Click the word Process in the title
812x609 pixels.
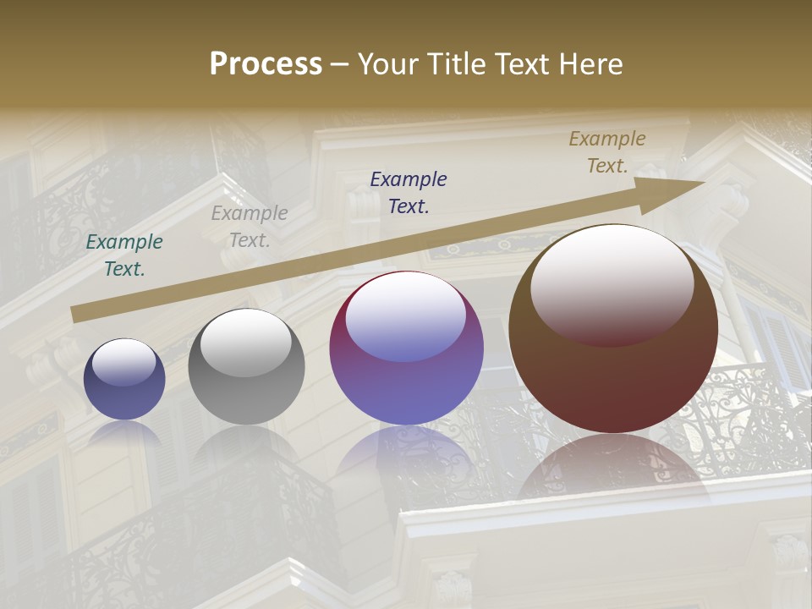click(266, 64)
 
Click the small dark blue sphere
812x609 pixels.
click(124, 380)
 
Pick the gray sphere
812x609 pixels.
click(246, 367)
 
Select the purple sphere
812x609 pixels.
click(406, 348)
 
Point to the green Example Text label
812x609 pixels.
click(124, 255)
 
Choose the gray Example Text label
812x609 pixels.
click(250, 227)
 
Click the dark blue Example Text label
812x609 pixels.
click(409, 192)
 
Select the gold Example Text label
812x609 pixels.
click(607, 152)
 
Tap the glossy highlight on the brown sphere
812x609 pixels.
click(612, 283)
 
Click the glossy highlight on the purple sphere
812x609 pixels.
click(406, 315)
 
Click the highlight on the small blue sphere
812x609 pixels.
click(123, 362)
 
